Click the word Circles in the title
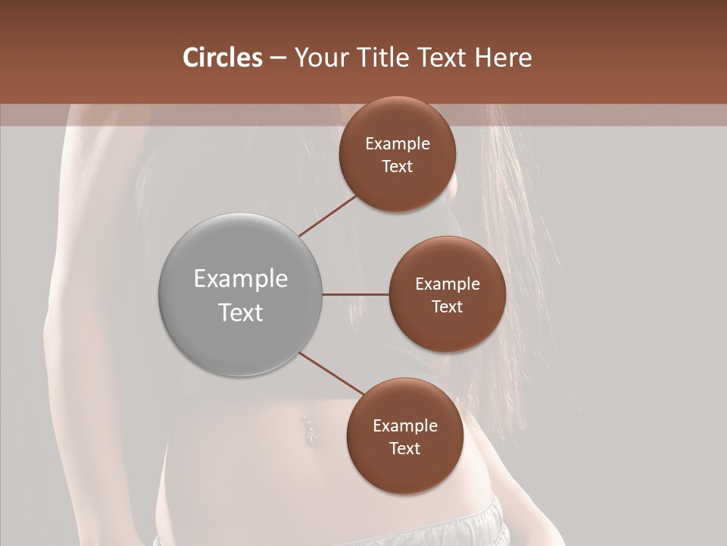pos(223,58)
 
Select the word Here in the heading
pos(504,58)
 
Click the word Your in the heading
pos(322,58)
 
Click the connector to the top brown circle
pos(328,215)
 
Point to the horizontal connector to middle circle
pos(356,294)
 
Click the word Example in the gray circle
pos(241,279)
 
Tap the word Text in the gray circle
pos(241,312)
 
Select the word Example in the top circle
pos(398,144)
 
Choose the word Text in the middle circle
pos(447,306)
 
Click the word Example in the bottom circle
pos(404,426)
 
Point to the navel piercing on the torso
pos(308,428)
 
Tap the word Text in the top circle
pos(398,167)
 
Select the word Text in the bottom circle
pos(404,449)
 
